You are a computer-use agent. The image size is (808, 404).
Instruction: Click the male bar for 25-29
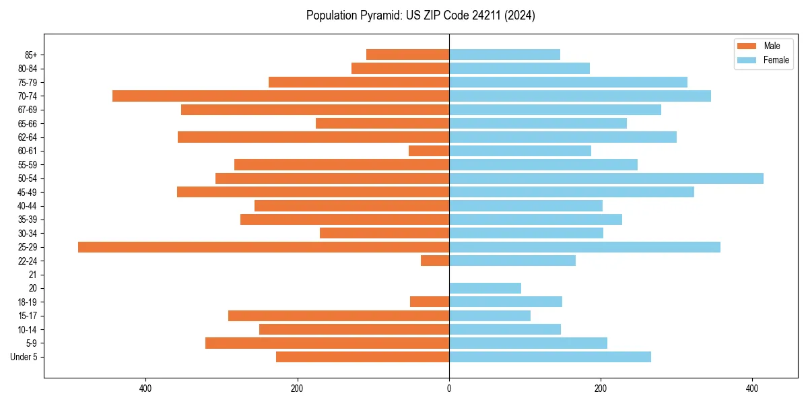coord(263,247)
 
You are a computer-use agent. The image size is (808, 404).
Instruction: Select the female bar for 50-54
coord(606,178)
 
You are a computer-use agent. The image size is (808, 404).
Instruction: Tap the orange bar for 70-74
coord(281,96)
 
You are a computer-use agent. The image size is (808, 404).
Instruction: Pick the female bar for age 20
coord(485,288)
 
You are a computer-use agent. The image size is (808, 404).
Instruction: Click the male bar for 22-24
coord(435,261)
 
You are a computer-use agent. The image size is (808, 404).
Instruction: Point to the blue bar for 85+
coord(504,55)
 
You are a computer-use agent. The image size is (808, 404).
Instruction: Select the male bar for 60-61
coord(429,151)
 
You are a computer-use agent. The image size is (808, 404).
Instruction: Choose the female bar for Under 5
coord(550,357)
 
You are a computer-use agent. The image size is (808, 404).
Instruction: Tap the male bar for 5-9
coord(327,343)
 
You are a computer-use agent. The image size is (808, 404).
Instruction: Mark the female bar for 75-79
coord(568,82)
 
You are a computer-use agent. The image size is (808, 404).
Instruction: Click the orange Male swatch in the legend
coord(747,46)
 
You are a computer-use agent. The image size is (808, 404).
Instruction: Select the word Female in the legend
coord(776,60)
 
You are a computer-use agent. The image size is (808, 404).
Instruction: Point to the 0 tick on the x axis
coord(449,388)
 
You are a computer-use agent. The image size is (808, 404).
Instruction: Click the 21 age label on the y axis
coord(33,275)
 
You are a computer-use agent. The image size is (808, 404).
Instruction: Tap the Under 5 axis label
coord(24,357)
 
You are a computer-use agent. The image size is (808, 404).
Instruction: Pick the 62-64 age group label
coord(28,137)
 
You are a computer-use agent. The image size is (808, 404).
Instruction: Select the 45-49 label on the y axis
coord(28,193)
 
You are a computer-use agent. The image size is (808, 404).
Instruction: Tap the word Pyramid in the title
coord(379,15)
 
